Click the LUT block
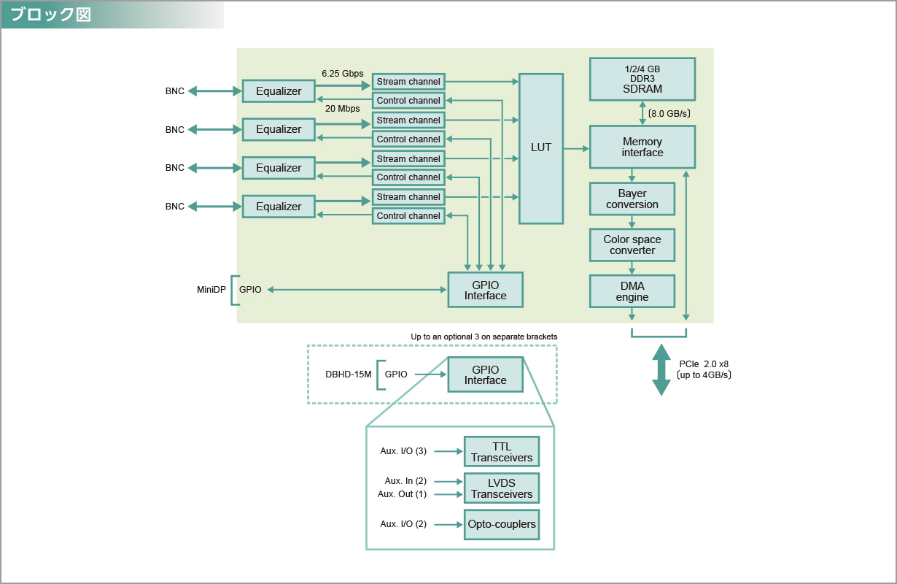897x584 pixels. click(541, 148)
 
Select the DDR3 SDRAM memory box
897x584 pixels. click(642, 79)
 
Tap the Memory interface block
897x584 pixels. click(642, 147)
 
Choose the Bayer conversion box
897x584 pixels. click(632, 199)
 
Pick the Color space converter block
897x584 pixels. click(632, 245)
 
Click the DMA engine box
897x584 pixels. click(632, 291)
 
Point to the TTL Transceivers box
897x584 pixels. click(502, 452)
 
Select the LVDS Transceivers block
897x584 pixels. click(502, 488)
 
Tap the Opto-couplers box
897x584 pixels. click(502, 524)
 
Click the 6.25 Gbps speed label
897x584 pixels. click(342, 74)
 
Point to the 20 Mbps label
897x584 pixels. click(342, 109)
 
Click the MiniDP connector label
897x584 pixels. click(211, 290)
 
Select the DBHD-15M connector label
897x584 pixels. click(349, 374)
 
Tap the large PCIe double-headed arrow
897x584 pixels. click(661, 369)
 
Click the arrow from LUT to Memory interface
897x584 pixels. click(576, 148)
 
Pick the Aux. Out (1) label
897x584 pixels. click(402, 494)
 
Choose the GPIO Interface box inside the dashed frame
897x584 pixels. click(486, 374)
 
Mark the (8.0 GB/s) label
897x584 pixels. click(669, 114)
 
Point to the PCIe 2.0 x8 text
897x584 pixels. click(704, 364)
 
